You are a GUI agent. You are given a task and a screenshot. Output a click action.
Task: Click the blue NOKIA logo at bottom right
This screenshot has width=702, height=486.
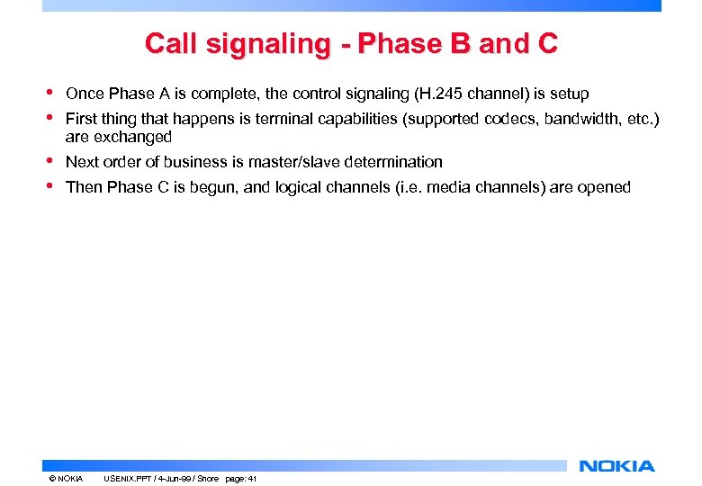[616, 465]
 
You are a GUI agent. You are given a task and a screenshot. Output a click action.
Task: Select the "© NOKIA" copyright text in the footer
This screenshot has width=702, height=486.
[67, 479]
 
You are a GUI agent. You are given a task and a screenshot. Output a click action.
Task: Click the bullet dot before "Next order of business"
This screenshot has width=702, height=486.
[49, 161]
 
